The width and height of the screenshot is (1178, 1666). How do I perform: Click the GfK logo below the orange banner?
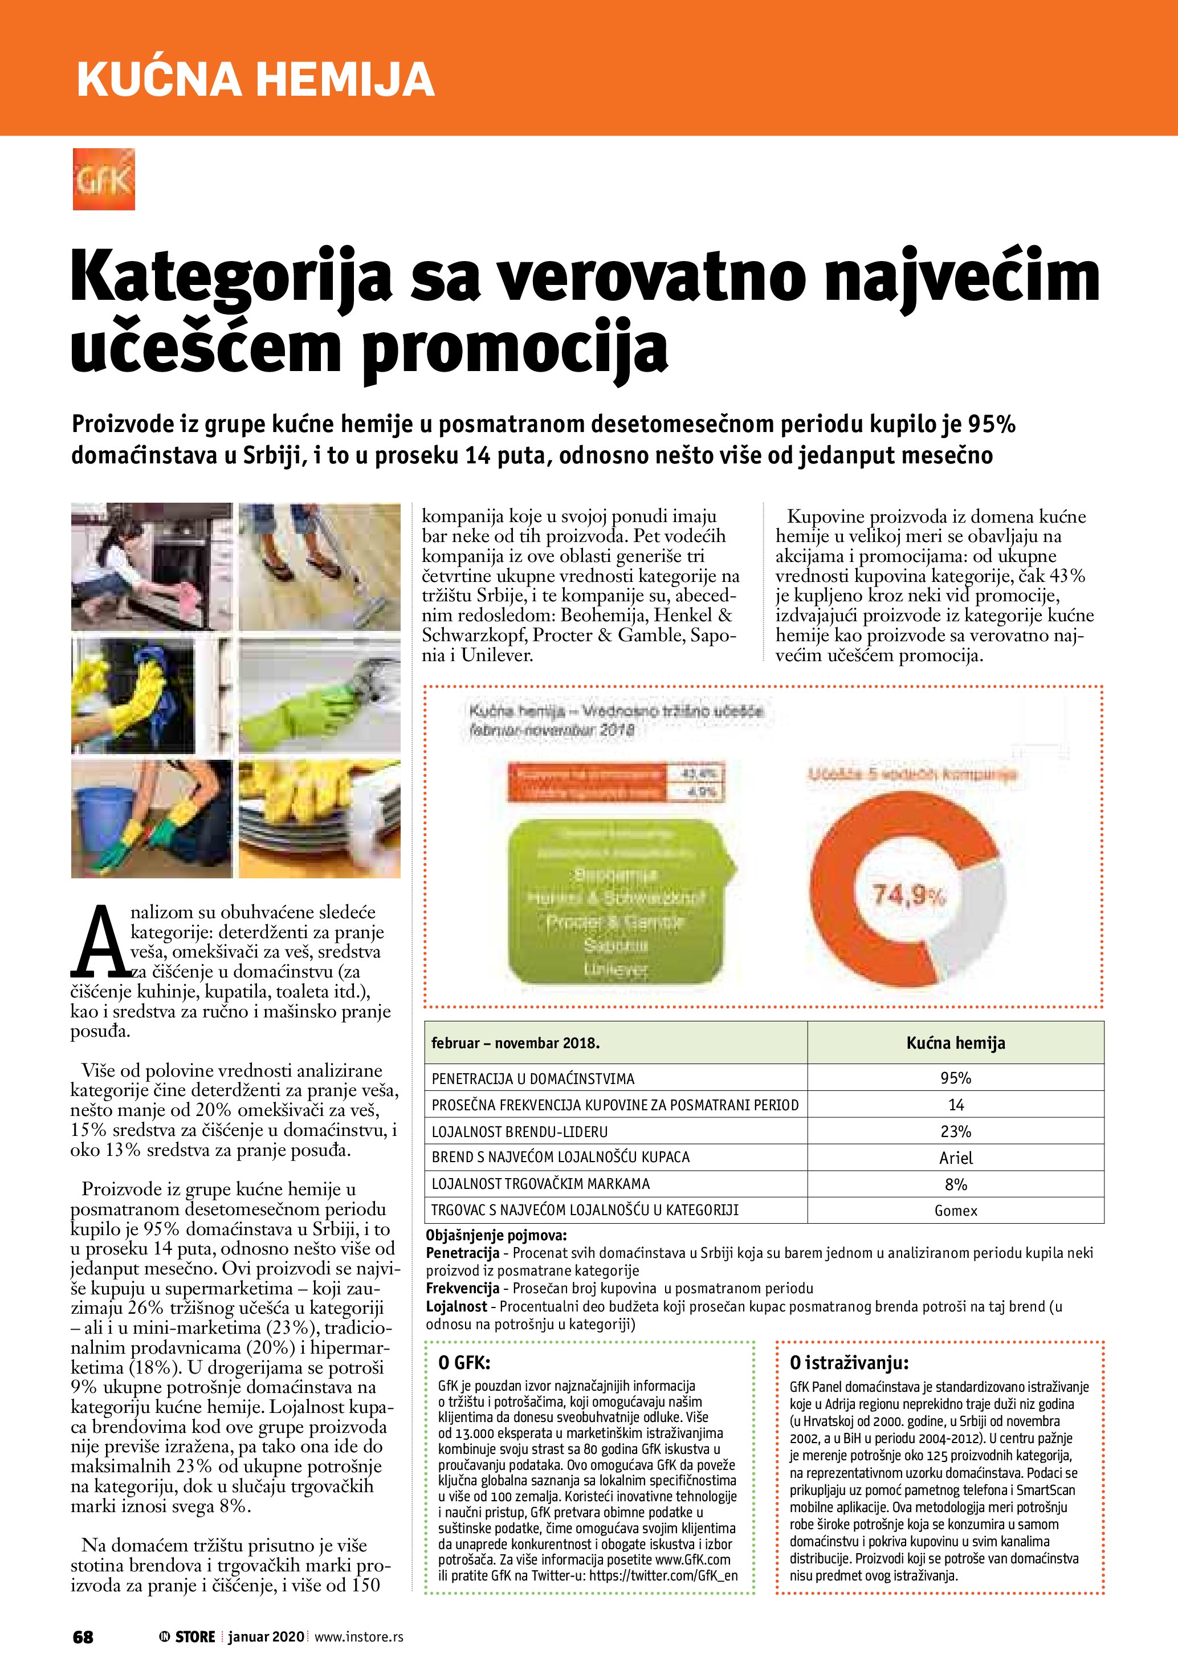click(x=104, y=179)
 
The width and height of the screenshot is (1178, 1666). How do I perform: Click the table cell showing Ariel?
click(x=955, y=1158)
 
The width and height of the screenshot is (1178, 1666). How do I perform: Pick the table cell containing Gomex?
click(x=955, y=1211)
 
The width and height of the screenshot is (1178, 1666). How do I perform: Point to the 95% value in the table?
click(x=955, y=1078)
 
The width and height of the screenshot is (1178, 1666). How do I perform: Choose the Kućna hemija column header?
click(x=955, y=1044)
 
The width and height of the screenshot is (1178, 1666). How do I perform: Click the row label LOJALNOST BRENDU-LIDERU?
click(x=519, y=1131)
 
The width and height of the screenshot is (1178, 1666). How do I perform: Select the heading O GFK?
click(x=464, y=1363)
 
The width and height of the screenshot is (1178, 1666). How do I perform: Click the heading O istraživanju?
click(x=849, y=1363)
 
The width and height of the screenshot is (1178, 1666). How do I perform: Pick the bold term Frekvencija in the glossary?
click(x=463, y=1289)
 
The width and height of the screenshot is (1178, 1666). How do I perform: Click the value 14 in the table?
click(x=955, y=1105)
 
